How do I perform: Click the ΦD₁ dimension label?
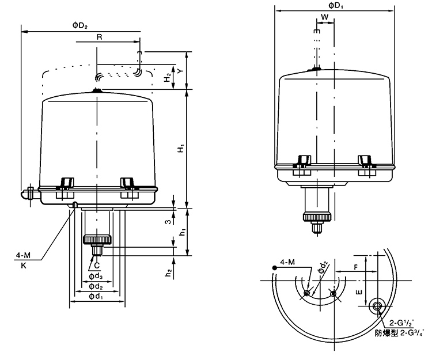click(336, 5)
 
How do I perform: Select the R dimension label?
click(99, 37)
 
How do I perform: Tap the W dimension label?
click(325, 18)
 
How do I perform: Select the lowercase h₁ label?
click(181, 232)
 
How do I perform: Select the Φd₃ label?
click(96, 276)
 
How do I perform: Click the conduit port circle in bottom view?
click(378, 305)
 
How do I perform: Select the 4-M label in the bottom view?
click(287, 263)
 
